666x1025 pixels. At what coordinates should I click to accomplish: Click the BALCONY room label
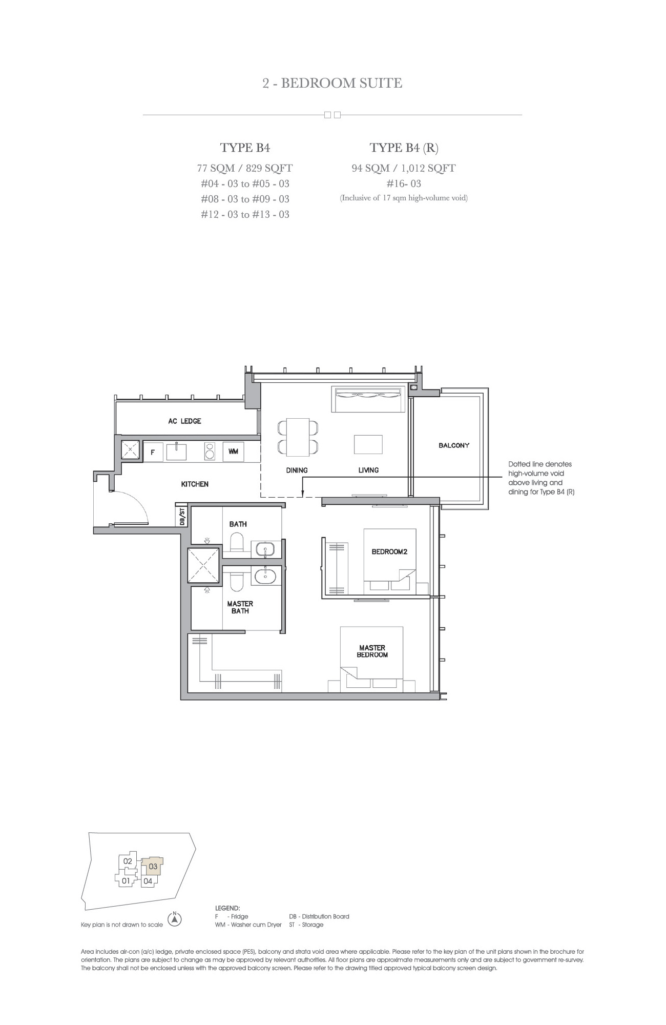pyautogui.click(x=454, y=445)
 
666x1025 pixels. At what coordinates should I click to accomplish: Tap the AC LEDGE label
pyautogui.click(x=184, y=421)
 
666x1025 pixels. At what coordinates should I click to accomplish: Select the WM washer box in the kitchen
pyautogui.click(x=233, y=452)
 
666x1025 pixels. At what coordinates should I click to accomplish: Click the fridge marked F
pyautogui.click(x=153, y=452)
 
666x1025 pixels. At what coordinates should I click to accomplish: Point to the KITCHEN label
pyautogui.click(x=195, y=484)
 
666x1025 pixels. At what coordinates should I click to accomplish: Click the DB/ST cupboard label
pyautogui.click(x=182, y=516)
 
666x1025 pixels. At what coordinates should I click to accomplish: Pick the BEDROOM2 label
pyautogui.click(x=389, y=552)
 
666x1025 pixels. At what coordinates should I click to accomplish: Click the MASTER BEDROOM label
pyautogui.click(x=372, y=651)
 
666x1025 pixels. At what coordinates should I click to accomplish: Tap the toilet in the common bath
pyautogui.click(x=237, y=544)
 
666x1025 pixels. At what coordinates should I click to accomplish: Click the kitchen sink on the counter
pyautogui.click(x=176, y=452)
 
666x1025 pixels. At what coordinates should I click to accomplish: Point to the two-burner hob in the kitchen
pyautogui.click(x=210, y=452)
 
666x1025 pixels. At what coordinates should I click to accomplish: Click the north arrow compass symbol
pyautogui.click(x=175, y=919)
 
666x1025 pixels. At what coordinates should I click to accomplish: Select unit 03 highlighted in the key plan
pyautogui.click(x=153, y=867)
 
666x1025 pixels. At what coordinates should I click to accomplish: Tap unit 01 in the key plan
pyautogui.click(x=126, y=881)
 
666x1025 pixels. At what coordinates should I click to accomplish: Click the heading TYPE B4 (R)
pyautogui.click(x=404, y=148)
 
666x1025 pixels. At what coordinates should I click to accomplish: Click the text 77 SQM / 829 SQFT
pyautogui.click(x=245, y=168)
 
